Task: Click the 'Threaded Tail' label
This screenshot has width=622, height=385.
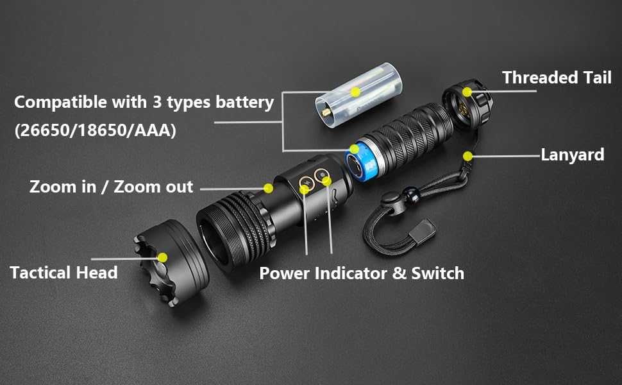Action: point(557,78)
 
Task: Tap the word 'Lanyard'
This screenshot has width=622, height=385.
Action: point(572,155)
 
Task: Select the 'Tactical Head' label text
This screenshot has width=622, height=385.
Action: point(63,272)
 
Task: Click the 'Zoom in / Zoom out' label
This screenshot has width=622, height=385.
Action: point(111,187)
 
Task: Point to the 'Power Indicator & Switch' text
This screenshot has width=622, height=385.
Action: point(361,273)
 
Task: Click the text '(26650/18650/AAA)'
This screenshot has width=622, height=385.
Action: point(95,130)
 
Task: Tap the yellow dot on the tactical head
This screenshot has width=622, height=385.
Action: point(162,257)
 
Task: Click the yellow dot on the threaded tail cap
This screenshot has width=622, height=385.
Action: point(467,92)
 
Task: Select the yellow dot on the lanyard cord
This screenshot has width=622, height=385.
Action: point(468,155)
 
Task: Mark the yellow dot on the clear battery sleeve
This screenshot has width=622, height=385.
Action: point(355,92)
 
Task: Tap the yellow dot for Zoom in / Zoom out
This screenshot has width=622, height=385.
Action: point(268,187)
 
